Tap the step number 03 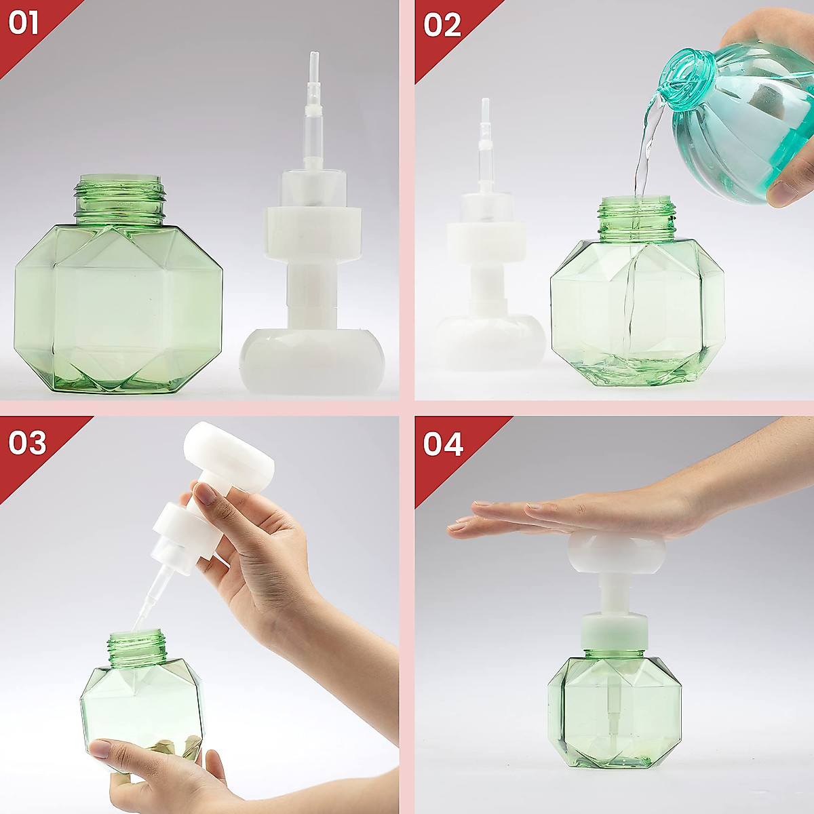(x=27, y=442)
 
